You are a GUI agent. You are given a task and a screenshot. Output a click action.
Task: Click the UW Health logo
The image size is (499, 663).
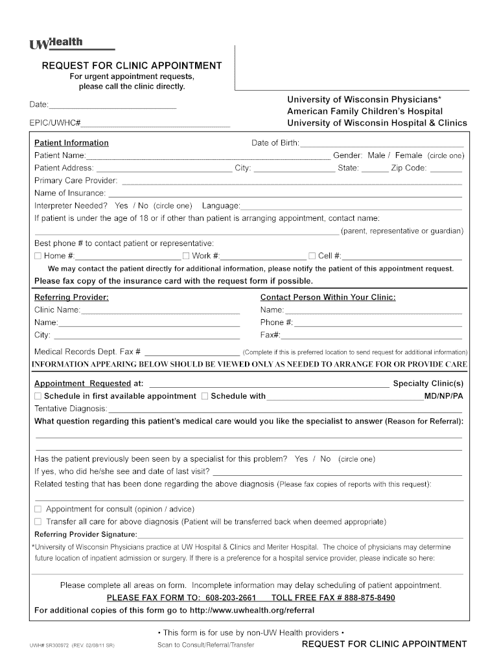click(x=57, y=43)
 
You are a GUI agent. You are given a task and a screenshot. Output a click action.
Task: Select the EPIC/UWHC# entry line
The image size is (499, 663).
click(x=156, y=122)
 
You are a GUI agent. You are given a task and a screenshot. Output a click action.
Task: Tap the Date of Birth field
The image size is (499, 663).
click(x=382, y=143)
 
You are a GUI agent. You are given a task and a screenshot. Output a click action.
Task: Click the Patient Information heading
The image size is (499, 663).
click(x=71, y=143)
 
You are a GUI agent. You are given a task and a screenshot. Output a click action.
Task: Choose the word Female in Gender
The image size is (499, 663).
click(x=408, y=155)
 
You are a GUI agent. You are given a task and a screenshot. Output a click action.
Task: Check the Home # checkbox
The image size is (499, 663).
click(x=38, y=256)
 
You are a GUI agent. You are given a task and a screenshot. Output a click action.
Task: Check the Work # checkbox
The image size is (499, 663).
click(x=186, y=256)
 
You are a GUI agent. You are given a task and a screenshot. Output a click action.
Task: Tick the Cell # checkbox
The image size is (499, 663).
click(x=312, y=256)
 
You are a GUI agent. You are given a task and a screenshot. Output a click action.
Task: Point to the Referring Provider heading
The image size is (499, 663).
click(x=71, y=298)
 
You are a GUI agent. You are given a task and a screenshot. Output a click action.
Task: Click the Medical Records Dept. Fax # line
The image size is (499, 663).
click(x=191, y=352)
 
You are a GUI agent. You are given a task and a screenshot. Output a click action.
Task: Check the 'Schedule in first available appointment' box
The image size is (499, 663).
click(x=38, y=396)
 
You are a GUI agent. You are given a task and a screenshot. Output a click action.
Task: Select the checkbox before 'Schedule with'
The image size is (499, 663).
click(x=205, y=396)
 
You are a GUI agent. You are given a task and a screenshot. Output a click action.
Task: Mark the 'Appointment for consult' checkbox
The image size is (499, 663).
click(x=38, y=509)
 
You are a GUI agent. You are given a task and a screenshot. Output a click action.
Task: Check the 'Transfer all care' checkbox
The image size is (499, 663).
click(x=38, y=521)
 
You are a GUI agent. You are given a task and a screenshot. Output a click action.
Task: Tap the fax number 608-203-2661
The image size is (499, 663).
click(x=230, y=598)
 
